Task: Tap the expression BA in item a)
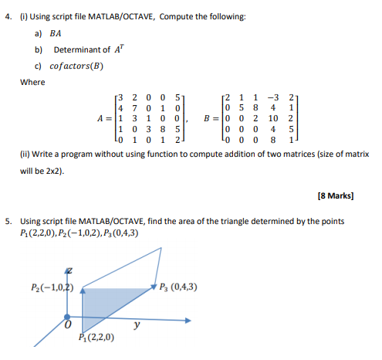[x=55, y=33]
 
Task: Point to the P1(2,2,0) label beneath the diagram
[x=97, y=338]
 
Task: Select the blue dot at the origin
[x=67, y=317]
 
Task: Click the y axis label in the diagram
[x=137, y=326]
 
